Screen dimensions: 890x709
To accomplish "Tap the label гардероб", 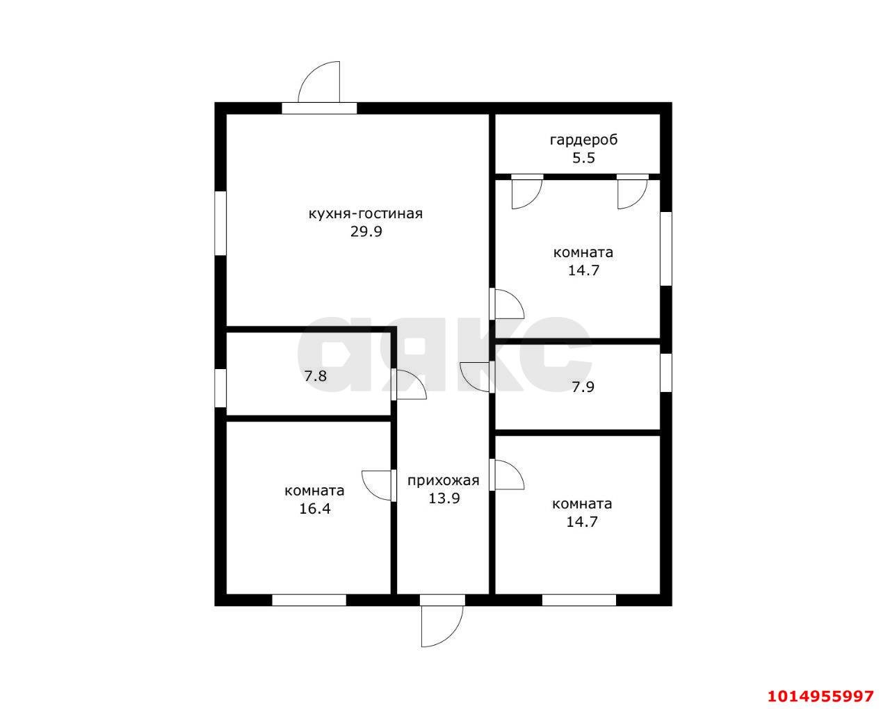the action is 583,140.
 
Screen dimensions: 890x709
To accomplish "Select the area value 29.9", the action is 366,231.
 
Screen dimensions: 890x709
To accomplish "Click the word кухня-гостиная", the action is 366,213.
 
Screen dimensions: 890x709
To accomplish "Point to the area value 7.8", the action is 315,376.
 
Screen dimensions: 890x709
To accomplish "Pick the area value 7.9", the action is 583,387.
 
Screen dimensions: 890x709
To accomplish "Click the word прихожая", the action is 444,481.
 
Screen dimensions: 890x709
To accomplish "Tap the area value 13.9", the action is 444,498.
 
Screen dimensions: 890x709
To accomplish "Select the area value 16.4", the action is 315,509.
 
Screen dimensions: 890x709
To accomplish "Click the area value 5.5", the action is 583,158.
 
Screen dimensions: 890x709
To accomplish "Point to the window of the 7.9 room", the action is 665,373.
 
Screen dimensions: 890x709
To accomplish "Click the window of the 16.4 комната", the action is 309,601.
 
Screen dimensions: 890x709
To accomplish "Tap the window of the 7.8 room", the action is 220,388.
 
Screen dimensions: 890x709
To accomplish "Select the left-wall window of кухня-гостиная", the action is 220,223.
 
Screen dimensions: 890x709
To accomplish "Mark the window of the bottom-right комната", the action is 579,601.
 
